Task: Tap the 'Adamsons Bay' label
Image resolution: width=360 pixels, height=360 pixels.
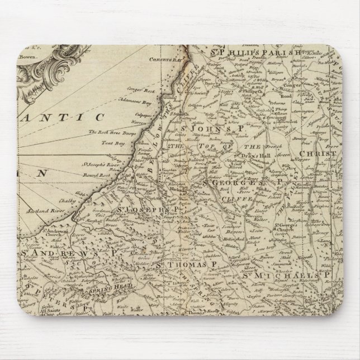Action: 143,97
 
